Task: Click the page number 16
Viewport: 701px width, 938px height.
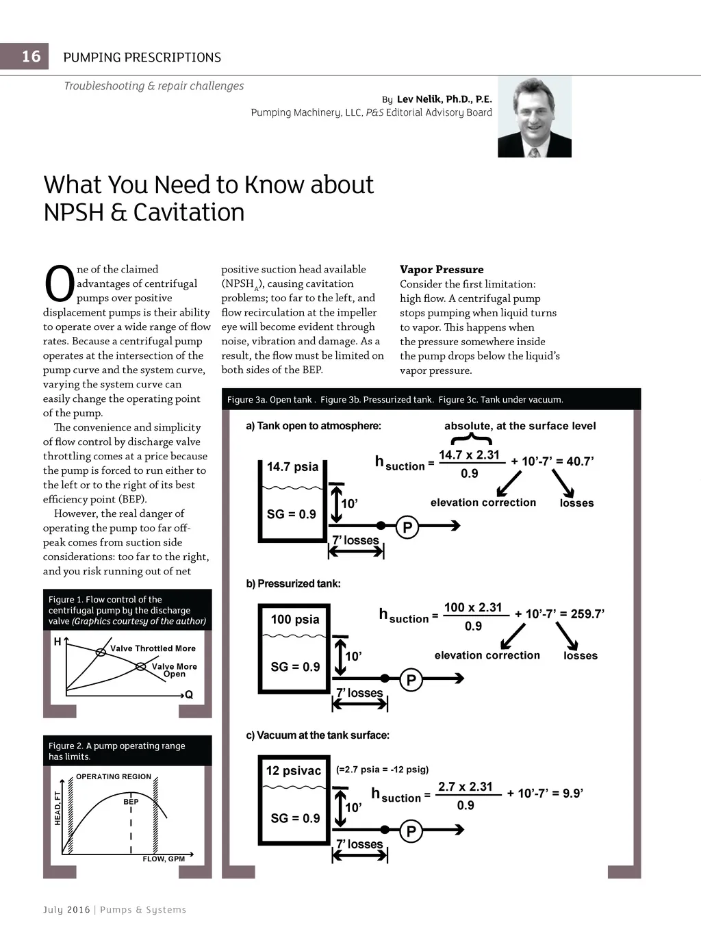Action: [x=31, y=56]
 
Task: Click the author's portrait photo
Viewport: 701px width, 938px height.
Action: [x=534, y=117]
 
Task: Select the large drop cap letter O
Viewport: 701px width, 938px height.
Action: [x=59, y=284]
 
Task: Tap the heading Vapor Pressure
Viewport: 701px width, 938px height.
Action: [x=442, y=269]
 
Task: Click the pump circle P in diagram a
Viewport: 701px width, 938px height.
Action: [x=407, y=527]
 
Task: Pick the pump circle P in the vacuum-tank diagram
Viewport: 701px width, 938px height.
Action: [x=411, y=831]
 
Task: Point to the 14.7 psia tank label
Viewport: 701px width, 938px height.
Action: [x=292, y=467]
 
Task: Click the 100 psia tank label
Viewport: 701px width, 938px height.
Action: [x=295, y=620]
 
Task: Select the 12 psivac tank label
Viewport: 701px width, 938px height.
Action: [x=294, y=771]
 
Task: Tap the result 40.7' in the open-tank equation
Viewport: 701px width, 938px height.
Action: [x=580, y=461]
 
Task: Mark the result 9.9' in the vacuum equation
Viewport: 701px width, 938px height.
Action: [x=572, y=794]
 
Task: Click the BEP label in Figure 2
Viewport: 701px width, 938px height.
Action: [x=131, y=802]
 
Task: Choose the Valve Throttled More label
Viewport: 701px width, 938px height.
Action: [x=153, y=648]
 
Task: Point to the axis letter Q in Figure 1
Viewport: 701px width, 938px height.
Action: [x=189, y=694]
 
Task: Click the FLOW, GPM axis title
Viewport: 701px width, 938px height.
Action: [x=164, y=859]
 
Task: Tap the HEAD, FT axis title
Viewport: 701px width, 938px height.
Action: [x=58, y=808]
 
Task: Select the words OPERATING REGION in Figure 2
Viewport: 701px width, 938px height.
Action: [x=114, y=776]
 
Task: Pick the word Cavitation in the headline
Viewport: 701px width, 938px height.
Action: [x=189, y=212]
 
